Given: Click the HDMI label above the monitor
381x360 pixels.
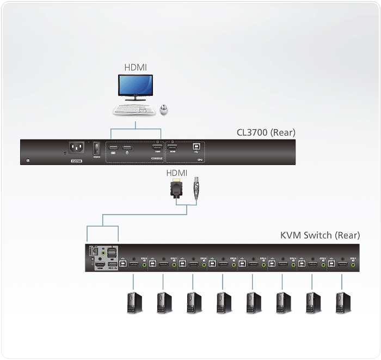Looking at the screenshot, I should click(x=136, y=68).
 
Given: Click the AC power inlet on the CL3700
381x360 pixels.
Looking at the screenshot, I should click(x=77, y=148).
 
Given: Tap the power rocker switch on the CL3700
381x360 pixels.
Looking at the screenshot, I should click(x=97, y=147).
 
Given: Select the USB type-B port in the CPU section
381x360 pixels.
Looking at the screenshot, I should click(x=195, y=148).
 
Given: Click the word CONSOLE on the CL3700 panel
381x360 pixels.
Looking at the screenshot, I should click(x=156, y=159).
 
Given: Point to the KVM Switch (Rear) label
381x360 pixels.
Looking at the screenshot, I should click(x=320, y=235).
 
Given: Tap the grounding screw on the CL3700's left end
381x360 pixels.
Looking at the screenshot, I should click(x=28, y=160).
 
